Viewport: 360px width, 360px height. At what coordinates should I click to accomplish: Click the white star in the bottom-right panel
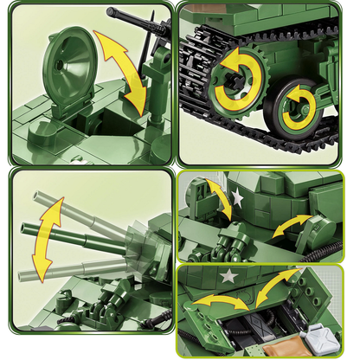229,278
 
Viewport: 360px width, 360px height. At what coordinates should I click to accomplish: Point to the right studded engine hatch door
312,299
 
